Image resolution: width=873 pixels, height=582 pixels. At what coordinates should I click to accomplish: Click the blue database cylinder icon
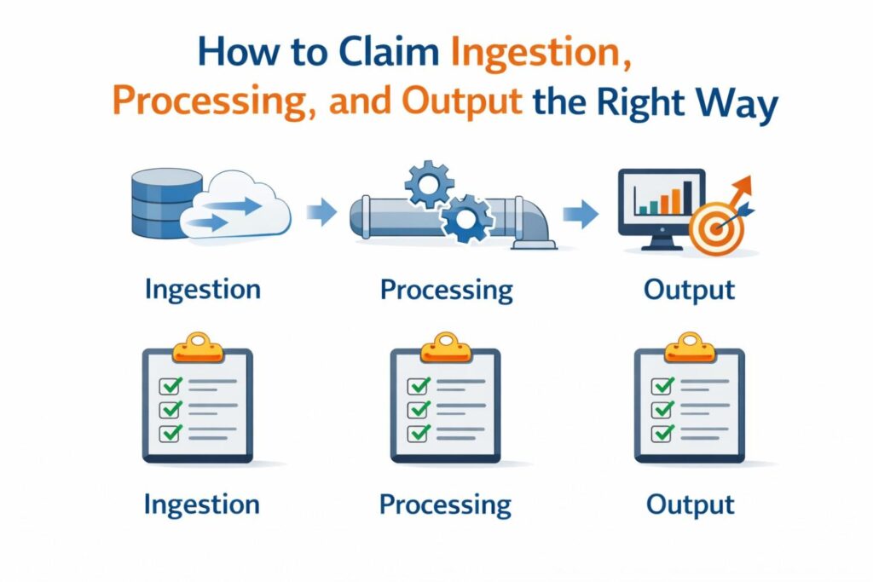(162, 202)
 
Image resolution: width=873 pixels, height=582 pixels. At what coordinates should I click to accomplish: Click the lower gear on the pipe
(466, 219)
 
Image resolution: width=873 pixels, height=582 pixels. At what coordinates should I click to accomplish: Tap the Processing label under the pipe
(446, 291)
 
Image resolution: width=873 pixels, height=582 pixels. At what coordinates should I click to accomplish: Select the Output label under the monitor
(689, 290)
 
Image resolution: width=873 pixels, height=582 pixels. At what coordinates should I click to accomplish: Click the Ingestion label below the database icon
(202, 290)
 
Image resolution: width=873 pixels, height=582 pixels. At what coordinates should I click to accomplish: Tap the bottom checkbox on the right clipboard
(662, 432)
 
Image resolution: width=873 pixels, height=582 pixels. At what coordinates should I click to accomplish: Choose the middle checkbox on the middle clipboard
(418, 409)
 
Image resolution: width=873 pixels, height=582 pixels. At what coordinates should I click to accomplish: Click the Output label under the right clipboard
(690, 504)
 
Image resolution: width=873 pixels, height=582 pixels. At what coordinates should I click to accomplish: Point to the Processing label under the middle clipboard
(445, 504)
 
